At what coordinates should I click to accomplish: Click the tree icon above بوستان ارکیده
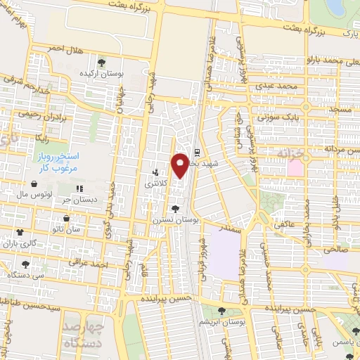point(103,61)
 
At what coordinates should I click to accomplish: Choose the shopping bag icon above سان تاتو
point(58,218)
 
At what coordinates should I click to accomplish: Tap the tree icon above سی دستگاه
point(26,264)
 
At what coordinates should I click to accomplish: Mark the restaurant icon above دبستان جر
point(79,188)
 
